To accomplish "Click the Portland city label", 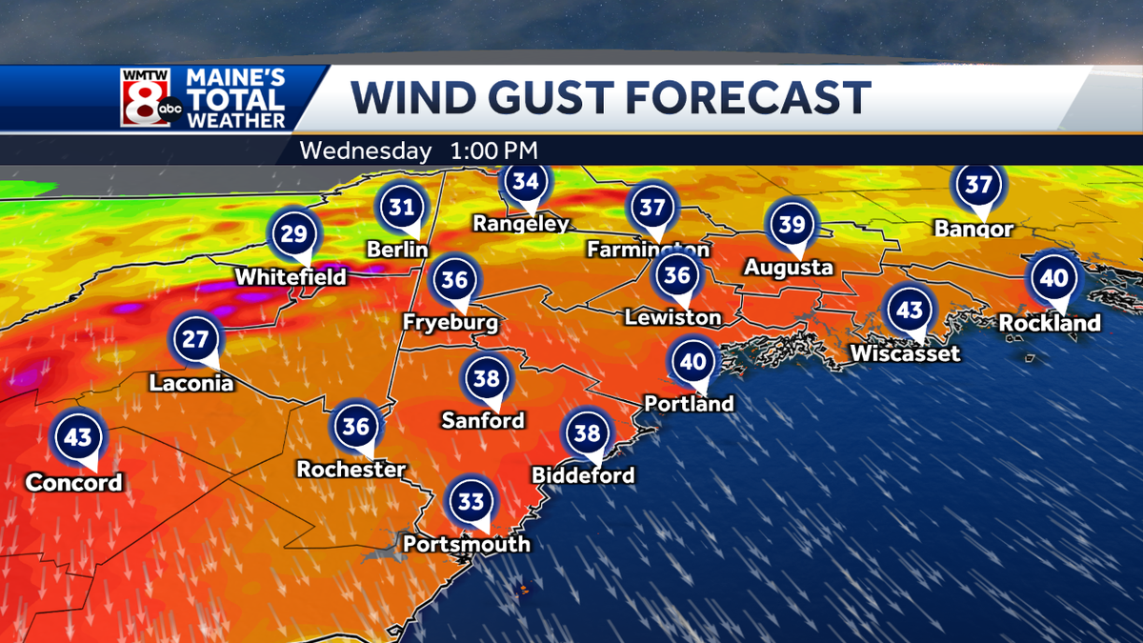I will (689, 403).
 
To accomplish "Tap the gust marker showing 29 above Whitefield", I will (296, 234).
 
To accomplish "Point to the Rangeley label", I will (522, 224).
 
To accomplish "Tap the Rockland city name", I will (1050, 324).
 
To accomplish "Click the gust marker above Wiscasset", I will (909, 311).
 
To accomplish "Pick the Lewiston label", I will (672, 316).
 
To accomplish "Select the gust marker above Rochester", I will (356, 427).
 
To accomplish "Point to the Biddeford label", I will (584, 475).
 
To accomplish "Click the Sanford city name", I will (483, 419).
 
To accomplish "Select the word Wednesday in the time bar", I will (365, 151).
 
